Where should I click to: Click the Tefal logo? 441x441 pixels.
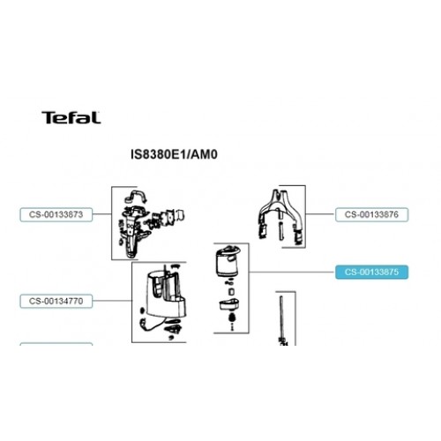[x=71, y=117]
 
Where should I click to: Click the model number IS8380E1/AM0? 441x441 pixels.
[x=174, y=154]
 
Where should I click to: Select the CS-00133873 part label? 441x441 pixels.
[x=56, y=214]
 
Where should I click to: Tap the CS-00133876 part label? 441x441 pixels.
[x=372, y=214]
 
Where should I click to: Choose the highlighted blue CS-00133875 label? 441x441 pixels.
[x=372, y=272]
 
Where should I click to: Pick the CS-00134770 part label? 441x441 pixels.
[x=56, y=301]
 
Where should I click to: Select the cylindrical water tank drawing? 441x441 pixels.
[x=228, y=262]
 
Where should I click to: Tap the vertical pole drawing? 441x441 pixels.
[x=282, y=320]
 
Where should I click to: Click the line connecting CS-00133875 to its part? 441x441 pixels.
[x=292, y=272]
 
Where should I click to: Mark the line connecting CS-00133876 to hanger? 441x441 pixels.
[x=320, y=214]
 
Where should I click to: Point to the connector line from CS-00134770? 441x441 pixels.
[x=112, y=301]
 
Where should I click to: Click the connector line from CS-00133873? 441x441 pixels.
[x=102, y=213]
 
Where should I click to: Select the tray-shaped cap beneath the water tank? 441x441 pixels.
[x=229, y=304]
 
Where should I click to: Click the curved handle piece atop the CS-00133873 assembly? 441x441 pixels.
[x=136, y=196]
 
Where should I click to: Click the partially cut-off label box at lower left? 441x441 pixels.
[x=56, y=344]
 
